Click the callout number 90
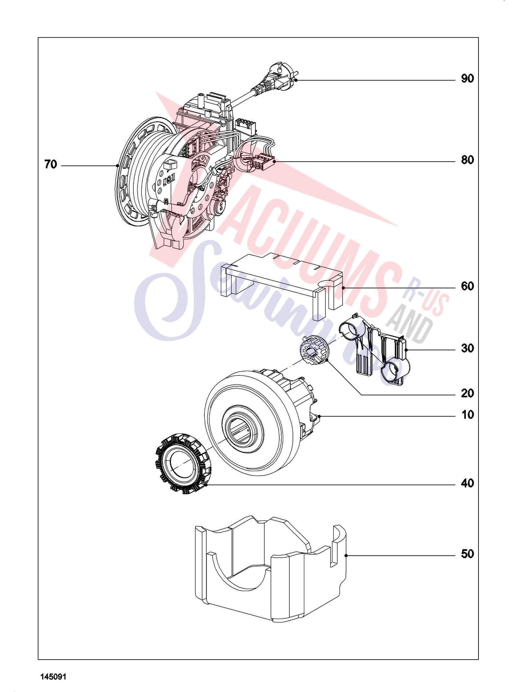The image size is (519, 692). pos(467,79)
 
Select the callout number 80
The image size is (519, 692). pos(467,160)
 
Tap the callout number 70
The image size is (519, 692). pos(51,165)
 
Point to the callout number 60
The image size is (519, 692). pos(467,286)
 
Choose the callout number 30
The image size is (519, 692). pos(467,348)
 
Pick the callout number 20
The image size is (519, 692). pos(467,394)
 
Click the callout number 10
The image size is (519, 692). pos(467,415)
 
